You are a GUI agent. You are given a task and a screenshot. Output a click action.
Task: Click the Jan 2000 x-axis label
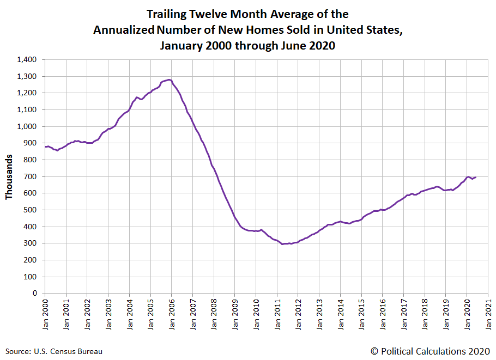tap(45, 313)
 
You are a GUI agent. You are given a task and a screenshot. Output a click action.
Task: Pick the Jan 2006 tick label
tap(172, 313)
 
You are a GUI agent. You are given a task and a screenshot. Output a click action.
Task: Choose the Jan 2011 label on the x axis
tap(277, 313)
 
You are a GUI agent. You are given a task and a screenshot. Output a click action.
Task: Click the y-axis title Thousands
tap(10, 176)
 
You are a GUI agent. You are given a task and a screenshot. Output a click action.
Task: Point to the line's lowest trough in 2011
tap(282, 244)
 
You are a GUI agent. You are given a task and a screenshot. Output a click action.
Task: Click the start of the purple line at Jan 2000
tap(45, 147)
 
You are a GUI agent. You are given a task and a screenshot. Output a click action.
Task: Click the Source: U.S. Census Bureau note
tap(54, 351)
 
